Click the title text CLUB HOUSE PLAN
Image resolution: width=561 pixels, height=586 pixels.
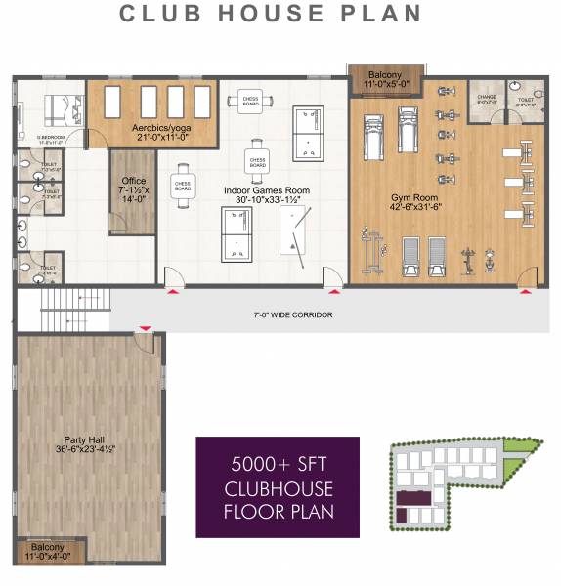tap(271, 15)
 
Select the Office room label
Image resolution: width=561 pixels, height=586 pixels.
tap(133, 187)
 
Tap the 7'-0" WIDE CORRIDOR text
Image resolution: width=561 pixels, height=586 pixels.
tap(292, 315)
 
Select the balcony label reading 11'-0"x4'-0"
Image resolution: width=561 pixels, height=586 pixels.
tap(49, 553)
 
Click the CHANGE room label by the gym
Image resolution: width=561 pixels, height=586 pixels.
tap(487, 98)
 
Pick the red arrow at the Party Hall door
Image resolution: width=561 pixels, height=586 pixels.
tap(146, 329)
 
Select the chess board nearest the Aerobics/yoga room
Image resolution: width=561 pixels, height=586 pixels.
tap(250, 101)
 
